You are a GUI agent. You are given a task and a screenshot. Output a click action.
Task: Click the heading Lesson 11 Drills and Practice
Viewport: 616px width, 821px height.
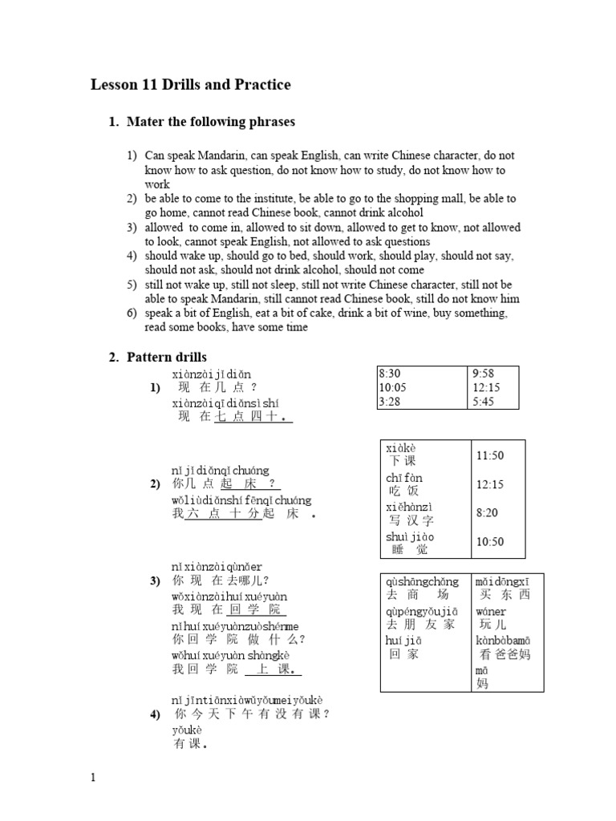pos(190,85)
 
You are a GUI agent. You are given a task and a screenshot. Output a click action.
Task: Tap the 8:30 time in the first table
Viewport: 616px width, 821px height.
pos(391,373)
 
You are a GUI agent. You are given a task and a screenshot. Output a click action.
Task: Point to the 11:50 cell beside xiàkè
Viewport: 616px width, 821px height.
pos(489,455)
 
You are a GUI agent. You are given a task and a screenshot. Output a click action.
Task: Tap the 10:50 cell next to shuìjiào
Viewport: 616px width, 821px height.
pos(489,542)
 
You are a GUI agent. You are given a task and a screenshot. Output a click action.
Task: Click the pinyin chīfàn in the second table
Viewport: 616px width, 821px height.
pos(403,478)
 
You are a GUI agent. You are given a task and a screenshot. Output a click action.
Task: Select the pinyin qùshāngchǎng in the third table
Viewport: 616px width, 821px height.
pos(422,581)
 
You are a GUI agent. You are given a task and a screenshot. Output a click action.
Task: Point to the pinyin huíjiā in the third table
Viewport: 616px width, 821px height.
pos(403,640)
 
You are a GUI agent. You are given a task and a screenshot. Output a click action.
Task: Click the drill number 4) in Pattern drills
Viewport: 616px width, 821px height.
pos(156,714)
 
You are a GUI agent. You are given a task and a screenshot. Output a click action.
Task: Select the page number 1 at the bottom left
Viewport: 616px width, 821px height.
pos(93,777)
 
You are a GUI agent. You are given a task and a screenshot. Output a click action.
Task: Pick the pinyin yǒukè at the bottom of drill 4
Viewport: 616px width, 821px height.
pos(187,730)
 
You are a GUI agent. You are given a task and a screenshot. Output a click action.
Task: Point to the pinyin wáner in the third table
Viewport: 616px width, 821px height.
pos(491,611)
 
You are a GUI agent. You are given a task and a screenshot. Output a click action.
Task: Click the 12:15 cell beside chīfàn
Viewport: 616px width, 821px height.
pos(489,484)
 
